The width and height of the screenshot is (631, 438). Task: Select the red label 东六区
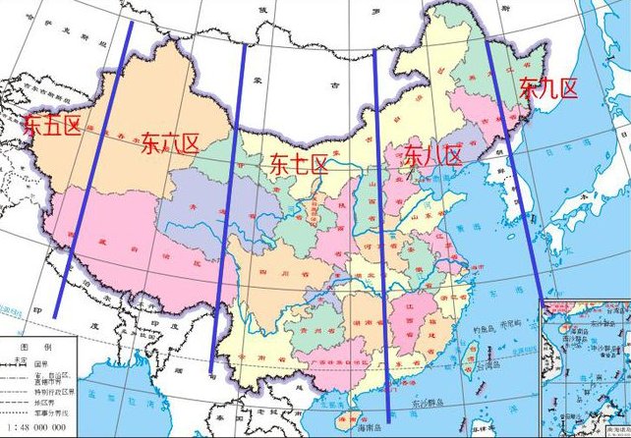tap(170, 143)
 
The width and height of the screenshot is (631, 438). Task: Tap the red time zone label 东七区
tap(299, 165)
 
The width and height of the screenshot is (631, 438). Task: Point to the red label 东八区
tap(432, 155)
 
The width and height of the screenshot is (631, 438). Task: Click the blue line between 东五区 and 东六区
tap(93, 167)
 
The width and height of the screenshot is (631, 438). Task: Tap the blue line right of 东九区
tap(516, 167)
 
